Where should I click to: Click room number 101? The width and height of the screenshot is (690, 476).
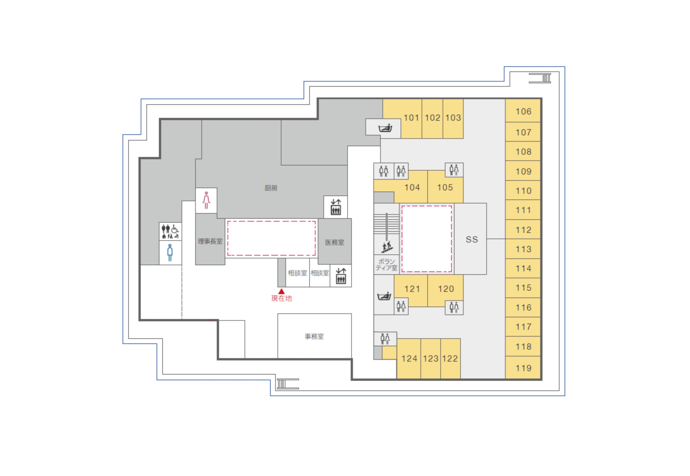tap(411, 118)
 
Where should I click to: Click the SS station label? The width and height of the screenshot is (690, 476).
tap(472, 239)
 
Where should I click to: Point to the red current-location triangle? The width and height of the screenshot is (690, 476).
tap(281, 291)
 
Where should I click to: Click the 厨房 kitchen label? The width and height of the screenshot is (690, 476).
tap(271, 188)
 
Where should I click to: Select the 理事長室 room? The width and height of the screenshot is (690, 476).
tap(210, 241)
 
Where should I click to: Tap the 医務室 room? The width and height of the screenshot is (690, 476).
tap(335, 242)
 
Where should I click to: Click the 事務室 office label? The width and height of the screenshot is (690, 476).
tap(314, 336)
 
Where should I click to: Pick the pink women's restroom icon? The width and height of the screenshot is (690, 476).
tap(206, 200)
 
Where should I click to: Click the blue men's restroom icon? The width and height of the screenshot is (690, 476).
tap(170, 253)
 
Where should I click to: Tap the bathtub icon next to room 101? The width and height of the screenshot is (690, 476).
tap(385, 128)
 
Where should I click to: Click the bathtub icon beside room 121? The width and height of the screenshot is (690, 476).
tap(384, 296)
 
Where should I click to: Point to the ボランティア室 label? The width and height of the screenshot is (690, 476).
tap(386, 265)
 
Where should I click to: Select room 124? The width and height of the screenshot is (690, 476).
tap(409, 358)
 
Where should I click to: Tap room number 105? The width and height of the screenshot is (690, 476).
tap(445, 187)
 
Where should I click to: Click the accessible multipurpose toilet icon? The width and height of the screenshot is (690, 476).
tap(170, 231)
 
